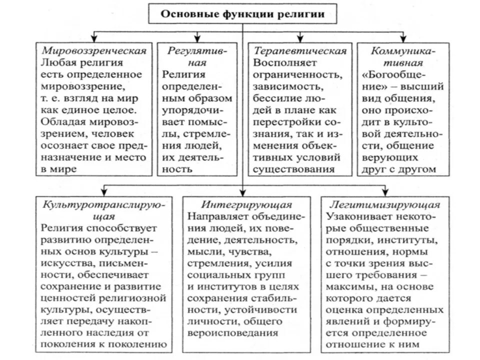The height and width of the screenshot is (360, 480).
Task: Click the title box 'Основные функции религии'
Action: click(242, 14)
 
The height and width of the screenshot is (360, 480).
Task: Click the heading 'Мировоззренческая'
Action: click(94, 51)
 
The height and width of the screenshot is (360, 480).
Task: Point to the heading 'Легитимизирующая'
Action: click(384, 205)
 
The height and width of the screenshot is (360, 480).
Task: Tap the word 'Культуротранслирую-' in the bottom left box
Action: click(103, 205)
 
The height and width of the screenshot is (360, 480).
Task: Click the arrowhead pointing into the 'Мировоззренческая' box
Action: click(94, 39)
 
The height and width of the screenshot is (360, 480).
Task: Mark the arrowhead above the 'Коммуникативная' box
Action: click(403, 39)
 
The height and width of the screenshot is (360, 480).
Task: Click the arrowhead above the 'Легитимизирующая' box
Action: click(384, 192)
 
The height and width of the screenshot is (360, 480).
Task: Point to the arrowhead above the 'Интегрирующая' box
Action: click(242, 192)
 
